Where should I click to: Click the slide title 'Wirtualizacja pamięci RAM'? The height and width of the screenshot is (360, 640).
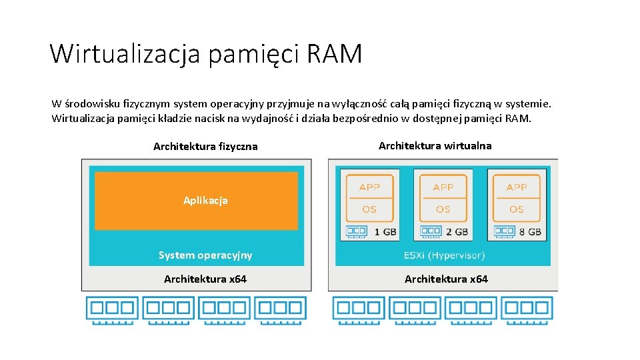(205, 53)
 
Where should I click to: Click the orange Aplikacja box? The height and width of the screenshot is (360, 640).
(197, 201)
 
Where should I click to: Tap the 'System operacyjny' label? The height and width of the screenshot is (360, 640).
(205, 255)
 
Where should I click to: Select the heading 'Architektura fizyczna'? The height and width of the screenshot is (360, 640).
(205, 146)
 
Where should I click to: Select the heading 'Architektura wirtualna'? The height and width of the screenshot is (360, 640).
(435, 145)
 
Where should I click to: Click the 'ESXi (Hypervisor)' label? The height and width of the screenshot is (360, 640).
(444, 255)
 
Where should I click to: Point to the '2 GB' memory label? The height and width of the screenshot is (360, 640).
(457, 232)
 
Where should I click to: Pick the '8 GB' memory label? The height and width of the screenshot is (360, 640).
(531, 232)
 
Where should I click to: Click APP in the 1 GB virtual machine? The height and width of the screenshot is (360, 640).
(369, 187)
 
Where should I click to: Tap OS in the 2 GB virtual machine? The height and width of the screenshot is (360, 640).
(443, 209)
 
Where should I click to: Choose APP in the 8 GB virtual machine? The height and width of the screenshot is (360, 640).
(517, 187)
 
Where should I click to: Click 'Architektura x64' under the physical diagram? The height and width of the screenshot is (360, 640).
(205, 279)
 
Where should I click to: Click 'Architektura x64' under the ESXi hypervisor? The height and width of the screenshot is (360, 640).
(446, 279)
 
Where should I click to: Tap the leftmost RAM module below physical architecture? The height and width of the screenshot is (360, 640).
(112, 309)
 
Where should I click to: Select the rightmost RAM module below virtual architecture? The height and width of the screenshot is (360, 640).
(527, 309)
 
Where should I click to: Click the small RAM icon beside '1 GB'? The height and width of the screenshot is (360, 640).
(356, 232)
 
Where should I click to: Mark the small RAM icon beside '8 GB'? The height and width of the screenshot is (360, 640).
(503, 232)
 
